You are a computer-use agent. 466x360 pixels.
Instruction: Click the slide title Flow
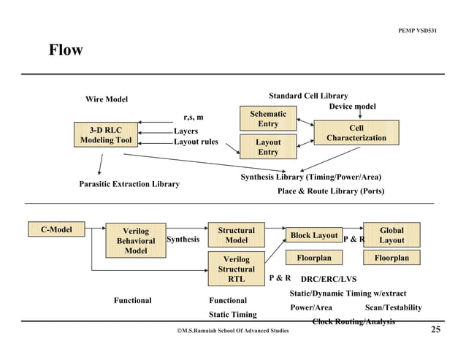[65, 51]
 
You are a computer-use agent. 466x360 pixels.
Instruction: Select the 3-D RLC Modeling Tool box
[106, 137]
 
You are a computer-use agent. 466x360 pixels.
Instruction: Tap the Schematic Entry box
[268, 120]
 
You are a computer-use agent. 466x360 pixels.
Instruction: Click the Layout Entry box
[268, 147]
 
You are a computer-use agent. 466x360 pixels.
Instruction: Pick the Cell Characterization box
[356, 133]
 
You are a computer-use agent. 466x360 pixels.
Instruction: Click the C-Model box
[56, 230]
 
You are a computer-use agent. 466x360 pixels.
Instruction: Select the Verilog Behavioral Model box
[135, 241]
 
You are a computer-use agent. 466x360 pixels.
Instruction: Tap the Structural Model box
[236, 235]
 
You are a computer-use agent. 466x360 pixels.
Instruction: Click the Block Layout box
[314, 236]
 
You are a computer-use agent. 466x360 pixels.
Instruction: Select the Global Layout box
[391, 235]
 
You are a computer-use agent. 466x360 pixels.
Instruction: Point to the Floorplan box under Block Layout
[314, 258]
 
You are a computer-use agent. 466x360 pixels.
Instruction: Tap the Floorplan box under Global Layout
[391, 258]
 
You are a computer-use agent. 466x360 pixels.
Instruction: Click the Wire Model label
[107, 99]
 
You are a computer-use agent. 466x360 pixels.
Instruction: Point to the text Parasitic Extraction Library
[129, 184]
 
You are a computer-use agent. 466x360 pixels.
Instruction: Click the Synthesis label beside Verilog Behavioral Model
[183, 240]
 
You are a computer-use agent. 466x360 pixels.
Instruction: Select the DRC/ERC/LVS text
[329, 278]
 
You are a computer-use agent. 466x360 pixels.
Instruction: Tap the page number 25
[435, 330]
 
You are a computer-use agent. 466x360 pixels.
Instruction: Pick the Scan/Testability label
[393, 307]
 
